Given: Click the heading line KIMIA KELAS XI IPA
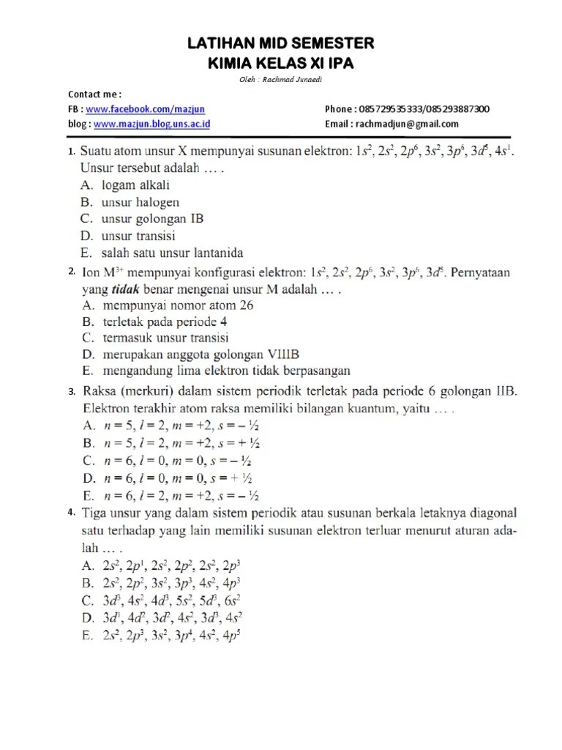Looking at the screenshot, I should [x=281, y=64].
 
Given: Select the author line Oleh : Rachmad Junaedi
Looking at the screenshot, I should [x=281, y=81].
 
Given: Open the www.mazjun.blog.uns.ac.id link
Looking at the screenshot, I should [x=152, y=124].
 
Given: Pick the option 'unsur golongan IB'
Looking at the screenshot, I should [x=153, y=218].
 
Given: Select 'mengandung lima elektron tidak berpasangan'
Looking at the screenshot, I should [x=226, y=371].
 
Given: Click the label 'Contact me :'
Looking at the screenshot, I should [x=94, y=94].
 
